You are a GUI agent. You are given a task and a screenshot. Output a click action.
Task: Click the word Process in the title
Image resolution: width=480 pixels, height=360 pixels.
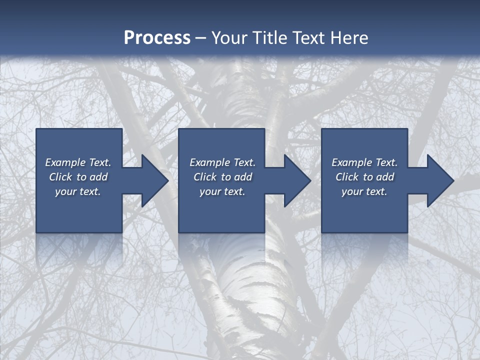[x=157, y=38]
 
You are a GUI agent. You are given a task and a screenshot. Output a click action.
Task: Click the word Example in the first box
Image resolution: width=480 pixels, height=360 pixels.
[x=65, y=162]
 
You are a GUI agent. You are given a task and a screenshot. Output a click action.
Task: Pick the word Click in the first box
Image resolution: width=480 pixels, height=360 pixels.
[x=61, y=177]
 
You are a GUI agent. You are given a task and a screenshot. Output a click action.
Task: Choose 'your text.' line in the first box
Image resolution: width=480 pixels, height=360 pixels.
[x=78, y=191]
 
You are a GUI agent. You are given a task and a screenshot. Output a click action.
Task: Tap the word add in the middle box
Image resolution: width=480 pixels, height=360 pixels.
[x=243, y=177]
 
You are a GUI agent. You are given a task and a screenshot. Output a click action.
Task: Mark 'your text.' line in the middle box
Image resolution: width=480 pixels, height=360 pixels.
[x=222, y=191]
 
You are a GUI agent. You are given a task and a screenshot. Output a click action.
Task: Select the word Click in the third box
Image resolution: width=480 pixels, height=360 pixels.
[x=347, y=177]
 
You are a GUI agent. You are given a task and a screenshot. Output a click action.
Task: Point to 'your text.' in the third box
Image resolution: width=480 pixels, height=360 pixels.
[x=364, y=191]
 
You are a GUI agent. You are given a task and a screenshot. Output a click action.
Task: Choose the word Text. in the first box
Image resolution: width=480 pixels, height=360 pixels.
[x=99, y=162]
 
